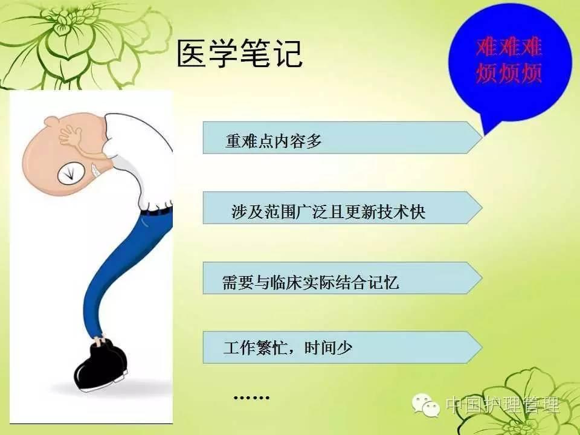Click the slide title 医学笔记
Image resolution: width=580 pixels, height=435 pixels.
click(x=240, y=54)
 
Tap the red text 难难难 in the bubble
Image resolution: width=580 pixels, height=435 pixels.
click(x=509, y=47)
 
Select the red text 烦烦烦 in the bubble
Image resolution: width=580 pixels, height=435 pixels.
click(x=509, y=73)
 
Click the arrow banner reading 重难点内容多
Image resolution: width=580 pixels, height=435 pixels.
click(x=343, y=138)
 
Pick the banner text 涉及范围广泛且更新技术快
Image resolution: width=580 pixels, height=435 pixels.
click(x=329, y=212)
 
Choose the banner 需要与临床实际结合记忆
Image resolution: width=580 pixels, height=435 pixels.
click(x=343, y=278)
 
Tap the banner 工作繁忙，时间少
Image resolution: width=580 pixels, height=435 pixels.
click(x=343, y=347)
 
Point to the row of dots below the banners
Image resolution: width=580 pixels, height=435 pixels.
click(x=251, y=398)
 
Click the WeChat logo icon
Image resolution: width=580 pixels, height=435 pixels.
click(x=426, y=405)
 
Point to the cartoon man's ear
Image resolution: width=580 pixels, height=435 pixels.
click(x=52, y=121)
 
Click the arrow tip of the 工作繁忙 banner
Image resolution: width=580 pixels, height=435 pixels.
click(x=482, y=347)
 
